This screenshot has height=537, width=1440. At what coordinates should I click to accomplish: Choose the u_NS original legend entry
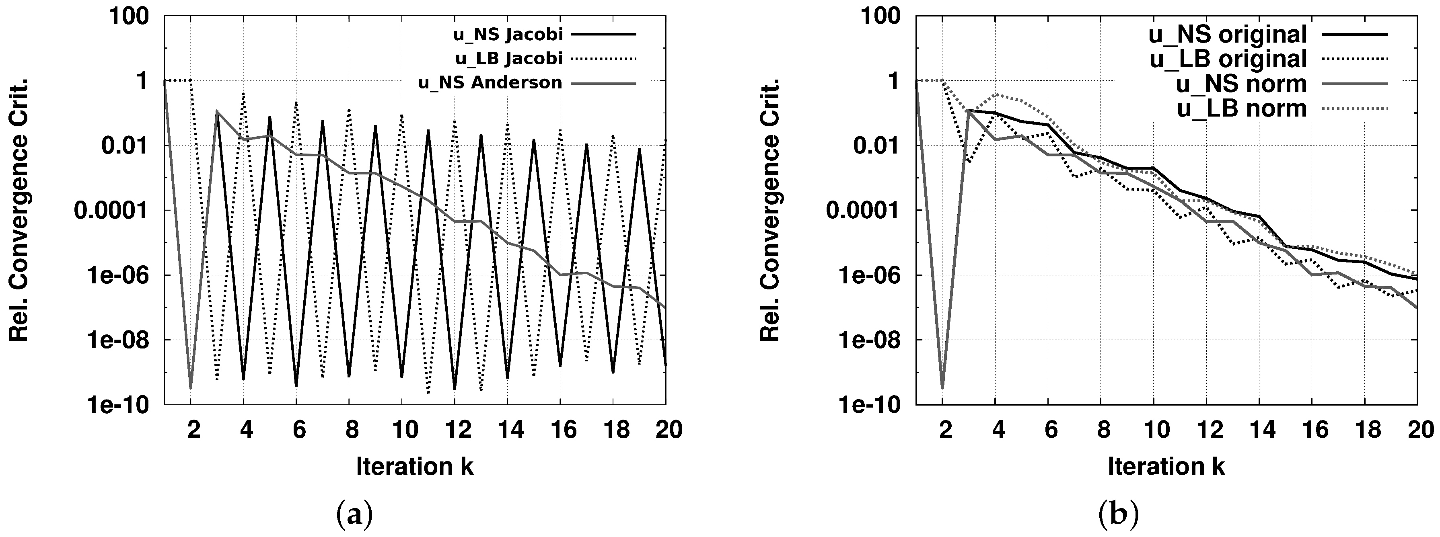pyautogui.click(x=1228, y=35)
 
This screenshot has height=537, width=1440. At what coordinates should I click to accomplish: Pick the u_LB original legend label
pyautogui.click(x=1228, y=59)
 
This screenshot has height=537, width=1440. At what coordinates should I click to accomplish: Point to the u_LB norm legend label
pyautogui.click(x=1242, y=109)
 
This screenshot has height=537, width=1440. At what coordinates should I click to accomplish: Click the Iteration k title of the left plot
pyautogui.click(x=415, y=466)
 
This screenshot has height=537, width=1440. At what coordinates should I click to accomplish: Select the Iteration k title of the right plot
pyautogui.click(x=1166, y=466)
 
